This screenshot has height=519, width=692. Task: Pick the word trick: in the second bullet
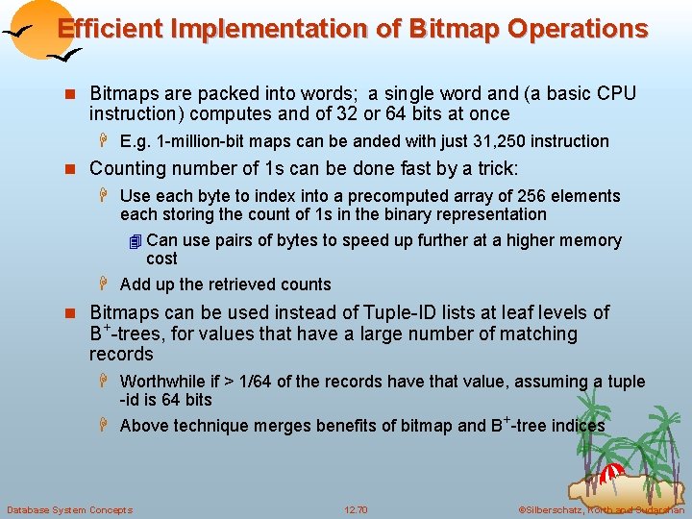pyautogui.click(x=493, y=168)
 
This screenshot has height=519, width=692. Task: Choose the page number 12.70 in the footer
pyautogui.click(x=356, y=509)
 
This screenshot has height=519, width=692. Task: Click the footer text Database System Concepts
pyautogui.click(x=69, y=509)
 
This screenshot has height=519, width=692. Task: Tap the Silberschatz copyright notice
pyautogui.click(x=601, y=509)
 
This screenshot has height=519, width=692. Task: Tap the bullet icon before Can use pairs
pyautogui.click(x=135, y=241)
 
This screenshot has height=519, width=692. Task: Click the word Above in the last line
pyautogui.click(x=143, y=426)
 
